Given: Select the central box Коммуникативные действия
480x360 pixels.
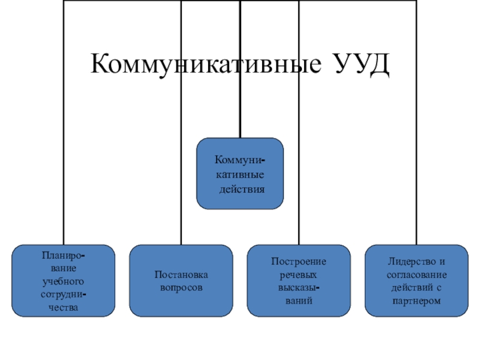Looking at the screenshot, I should click(240, 173).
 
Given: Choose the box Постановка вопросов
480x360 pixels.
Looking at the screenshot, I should click(181, 280).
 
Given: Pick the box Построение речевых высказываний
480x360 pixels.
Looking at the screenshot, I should click(299, 280).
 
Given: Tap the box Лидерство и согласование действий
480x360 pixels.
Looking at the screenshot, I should click(417, 280).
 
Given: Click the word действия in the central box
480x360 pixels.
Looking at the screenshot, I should click(241, 188).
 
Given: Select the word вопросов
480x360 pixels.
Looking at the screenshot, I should click(181, 288).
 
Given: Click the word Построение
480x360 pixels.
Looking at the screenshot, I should click(299, 262).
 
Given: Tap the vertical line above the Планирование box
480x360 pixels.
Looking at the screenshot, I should click(63, 150).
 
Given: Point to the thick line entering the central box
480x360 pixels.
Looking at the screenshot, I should click(240, 120).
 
